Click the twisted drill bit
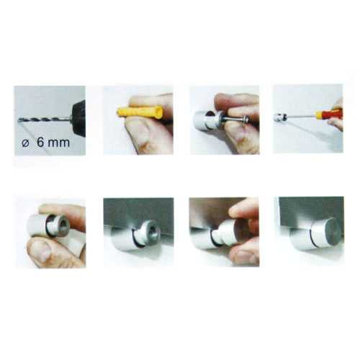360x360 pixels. (45, 119)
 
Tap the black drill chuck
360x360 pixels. (78, 117)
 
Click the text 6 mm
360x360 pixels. (53, 143)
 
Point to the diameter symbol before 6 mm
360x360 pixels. (25, 143)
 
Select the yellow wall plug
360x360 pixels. (140, 112)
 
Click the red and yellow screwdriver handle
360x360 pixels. (328, 114)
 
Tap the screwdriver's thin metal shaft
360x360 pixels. (301, 116)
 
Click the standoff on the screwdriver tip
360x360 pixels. (280, 117)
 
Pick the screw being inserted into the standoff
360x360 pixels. (235, 118)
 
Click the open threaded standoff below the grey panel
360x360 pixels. (135, 235)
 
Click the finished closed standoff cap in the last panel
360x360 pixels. (315, 235)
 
